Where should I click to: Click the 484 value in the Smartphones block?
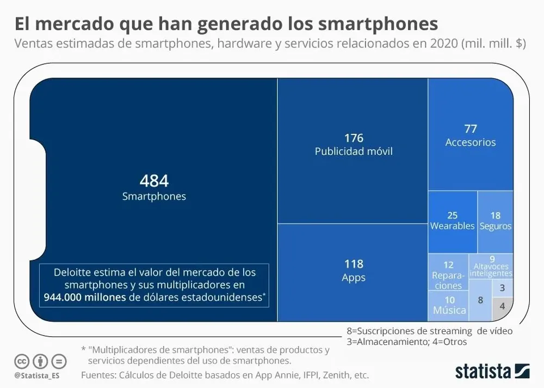[154, 181]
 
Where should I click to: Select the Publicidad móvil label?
[354, 151]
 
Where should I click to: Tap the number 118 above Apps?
[354, 264]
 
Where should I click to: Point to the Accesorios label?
[471, 142]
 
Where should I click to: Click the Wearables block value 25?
[452, 215]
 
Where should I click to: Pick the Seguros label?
[495, 226]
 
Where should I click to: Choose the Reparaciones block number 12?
[448, 265]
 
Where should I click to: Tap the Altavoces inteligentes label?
[491, 270]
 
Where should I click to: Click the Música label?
[449, 310]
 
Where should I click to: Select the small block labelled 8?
[480, 300]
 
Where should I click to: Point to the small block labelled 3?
[502, 287]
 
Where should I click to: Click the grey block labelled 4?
[502, 306]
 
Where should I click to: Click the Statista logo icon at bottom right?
[522, 371]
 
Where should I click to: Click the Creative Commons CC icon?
[22, 361]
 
